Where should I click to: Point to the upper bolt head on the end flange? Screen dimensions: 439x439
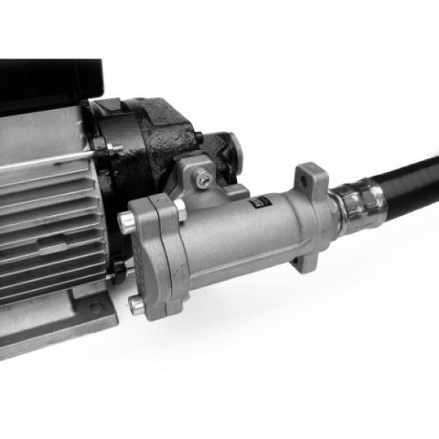127,218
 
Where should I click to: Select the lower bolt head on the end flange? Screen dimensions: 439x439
137,306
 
